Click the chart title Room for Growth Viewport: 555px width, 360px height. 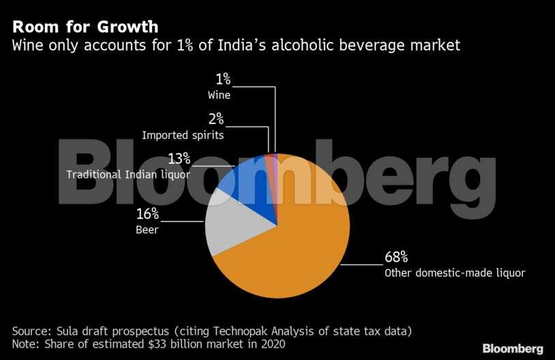(85, 27)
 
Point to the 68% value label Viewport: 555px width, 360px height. (395, 257)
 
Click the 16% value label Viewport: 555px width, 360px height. (147, 215)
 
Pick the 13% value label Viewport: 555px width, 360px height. (179, 159)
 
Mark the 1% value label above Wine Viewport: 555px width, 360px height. (222, 80)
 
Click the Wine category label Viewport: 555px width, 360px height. (219, 95)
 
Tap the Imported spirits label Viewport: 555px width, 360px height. (183, 135)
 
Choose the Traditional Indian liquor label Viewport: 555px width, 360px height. (127, 175)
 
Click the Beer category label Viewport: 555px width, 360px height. (147, 230)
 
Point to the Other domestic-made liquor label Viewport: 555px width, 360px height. (455, 273)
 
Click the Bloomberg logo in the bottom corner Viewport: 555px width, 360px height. (513, 348)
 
